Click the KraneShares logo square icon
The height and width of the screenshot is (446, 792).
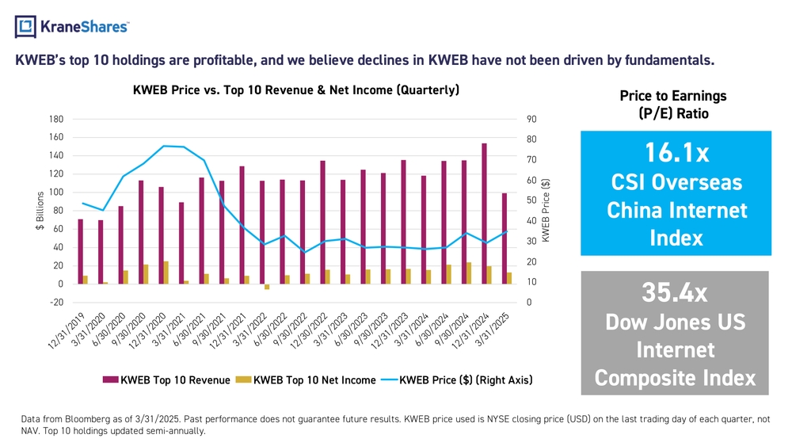tap(25, 26)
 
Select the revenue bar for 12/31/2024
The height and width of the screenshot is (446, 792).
tap(485, 214)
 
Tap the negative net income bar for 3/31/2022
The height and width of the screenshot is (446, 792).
tap(267, 287)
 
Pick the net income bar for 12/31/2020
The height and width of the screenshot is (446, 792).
tap(166, 273)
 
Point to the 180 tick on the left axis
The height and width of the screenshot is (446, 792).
tap(56, 119)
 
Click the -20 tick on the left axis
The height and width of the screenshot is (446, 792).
tap(56, 303)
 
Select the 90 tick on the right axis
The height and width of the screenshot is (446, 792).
tap(531, 119)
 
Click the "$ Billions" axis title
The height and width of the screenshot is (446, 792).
tap(40, 211)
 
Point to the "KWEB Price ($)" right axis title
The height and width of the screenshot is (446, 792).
tap(546, 210)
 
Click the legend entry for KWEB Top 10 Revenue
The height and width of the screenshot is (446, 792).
tap(166, 380)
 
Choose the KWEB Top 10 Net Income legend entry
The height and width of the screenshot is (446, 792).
tap(307, 380)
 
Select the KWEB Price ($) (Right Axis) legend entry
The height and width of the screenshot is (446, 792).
tap(457, 380)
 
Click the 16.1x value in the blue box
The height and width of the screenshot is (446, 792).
tap(676, 153)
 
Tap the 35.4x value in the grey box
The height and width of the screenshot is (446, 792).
tap(675, 292)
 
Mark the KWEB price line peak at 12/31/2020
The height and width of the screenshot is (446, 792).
tap(164, 146)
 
